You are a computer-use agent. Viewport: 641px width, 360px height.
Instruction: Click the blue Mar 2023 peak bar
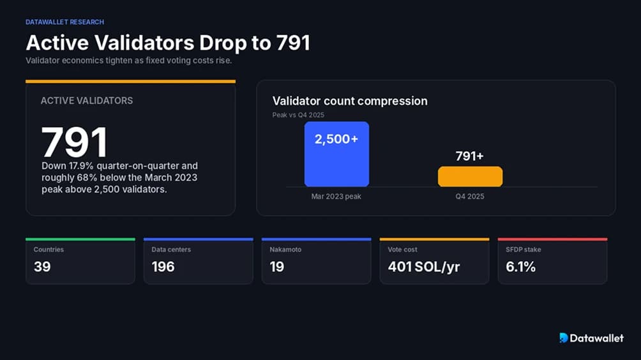(x=336, y=154)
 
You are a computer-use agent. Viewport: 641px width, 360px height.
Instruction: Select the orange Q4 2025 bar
(x=470, y=177)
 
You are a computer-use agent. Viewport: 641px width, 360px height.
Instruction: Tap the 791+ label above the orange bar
(x=470, y=156)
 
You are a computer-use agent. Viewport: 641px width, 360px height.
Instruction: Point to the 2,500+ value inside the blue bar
(x=336, y=139)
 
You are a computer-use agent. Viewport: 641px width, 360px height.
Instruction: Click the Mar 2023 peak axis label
(x=336, y=197)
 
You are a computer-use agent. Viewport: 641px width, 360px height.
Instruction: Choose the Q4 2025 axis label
(x=470, y=197)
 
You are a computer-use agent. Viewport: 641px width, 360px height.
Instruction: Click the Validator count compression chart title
(x=350, y=101)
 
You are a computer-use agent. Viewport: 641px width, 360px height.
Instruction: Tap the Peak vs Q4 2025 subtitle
(x=298, y=115)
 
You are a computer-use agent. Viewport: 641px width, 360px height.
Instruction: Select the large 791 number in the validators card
(x=75, y=142)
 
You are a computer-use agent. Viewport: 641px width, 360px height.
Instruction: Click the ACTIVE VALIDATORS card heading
(x=87, y=100)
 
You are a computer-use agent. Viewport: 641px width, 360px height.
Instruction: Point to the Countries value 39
(x=42, y=267)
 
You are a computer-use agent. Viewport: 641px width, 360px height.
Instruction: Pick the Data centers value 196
(x=163, y=267)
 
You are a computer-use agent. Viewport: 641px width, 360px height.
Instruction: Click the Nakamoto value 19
(x=276, y=267)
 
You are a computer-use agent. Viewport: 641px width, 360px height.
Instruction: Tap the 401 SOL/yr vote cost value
(x=424, y=267)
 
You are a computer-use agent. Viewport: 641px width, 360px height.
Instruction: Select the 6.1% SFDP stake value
(x=520, y=267)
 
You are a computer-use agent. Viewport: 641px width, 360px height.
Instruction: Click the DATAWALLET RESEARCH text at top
(x=64, y=22)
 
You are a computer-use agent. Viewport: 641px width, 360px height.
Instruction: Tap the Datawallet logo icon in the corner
(x=564, y=338)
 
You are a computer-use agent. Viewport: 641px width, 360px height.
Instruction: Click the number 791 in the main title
(x=293, y=43)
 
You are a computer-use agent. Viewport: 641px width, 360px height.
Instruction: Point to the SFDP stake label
(x=524, y=250)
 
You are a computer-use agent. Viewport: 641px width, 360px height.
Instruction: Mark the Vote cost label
(x=402, y=250)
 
